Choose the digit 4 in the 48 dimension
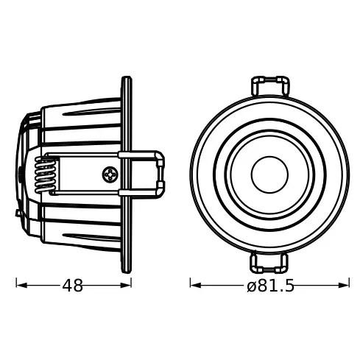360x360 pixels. point(66,286)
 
